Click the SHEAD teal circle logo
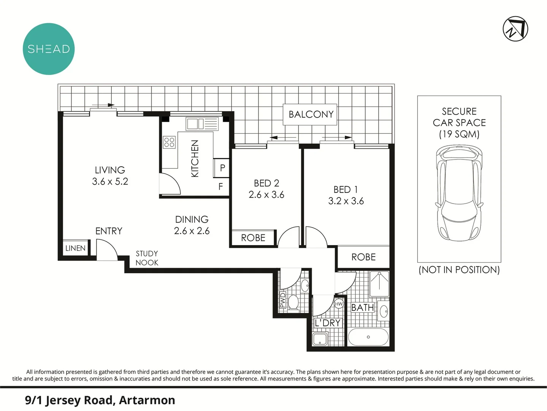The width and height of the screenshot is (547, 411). coord(49,49)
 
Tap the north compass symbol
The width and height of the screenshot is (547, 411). coord(515,29)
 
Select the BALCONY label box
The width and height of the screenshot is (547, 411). coord(311,114)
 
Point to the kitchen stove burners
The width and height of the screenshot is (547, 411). coord(169,142)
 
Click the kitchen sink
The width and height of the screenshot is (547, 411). coord(195,124)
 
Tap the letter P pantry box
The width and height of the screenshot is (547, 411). coord(222,168)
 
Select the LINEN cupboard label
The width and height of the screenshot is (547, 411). coord(75,248)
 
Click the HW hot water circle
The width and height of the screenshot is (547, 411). coord(339,304)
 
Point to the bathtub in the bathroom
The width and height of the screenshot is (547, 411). coord(368,337)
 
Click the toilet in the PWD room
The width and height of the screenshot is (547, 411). coord(293,303)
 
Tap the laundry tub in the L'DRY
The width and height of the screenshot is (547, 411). coord(320,339)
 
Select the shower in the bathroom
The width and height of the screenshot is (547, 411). coord(379,284)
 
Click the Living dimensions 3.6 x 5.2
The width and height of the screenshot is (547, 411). coord(110,182)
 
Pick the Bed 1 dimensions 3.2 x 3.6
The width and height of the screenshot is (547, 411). coord(346,201)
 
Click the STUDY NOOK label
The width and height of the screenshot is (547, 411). coord(147,258)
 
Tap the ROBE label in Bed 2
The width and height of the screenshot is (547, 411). coord(253,238)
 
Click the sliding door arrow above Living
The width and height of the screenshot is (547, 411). coord(103,105)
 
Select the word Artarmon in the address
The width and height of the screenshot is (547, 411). coord(147,400)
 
